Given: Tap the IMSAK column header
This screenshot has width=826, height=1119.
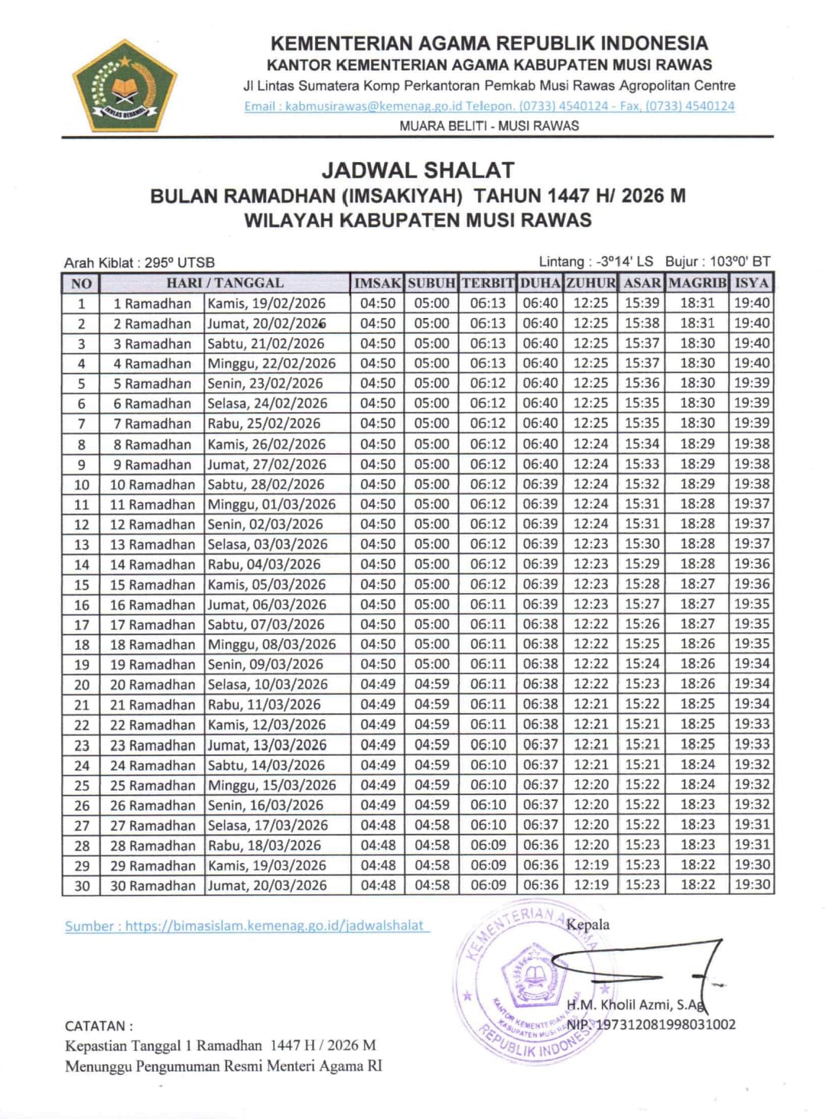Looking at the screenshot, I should coord(377,283).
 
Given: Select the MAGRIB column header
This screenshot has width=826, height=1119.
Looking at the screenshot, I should coord(697,283).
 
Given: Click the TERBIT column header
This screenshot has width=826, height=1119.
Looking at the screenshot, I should coord(488,283).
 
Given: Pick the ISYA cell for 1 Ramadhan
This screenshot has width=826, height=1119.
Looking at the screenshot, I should coord(752,303).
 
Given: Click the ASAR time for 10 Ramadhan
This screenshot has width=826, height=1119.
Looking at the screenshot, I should coord(642,484).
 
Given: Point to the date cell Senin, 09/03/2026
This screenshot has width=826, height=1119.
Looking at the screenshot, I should coord(265,664).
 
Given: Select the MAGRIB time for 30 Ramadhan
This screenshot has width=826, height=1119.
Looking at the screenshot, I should coord(698,885).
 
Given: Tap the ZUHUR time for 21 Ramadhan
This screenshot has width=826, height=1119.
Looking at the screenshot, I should coord(591,704).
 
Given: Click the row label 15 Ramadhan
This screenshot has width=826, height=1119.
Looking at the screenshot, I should coord(153,585).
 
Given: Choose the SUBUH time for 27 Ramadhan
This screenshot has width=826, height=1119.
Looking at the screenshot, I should coord(432,825).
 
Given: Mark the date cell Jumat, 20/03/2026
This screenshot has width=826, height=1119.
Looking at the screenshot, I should coord(267,885).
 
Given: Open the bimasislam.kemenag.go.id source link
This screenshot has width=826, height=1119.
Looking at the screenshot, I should coord(248,926).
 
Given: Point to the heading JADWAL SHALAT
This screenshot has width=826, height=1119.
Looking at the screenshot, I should coord(418,170).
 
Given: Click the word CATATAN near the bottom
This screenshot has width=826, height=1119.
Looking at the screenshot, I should coord(99,1026).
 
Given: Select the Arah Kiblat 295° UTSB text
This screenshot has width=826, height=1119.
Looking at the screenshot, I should coord(139,262).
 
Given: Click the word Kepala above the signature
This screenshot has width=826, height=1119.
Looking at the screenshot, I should coord(588,924).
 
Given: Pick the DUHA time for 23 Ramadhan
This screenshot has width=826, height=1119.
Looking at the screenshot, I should coord(540,744).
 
